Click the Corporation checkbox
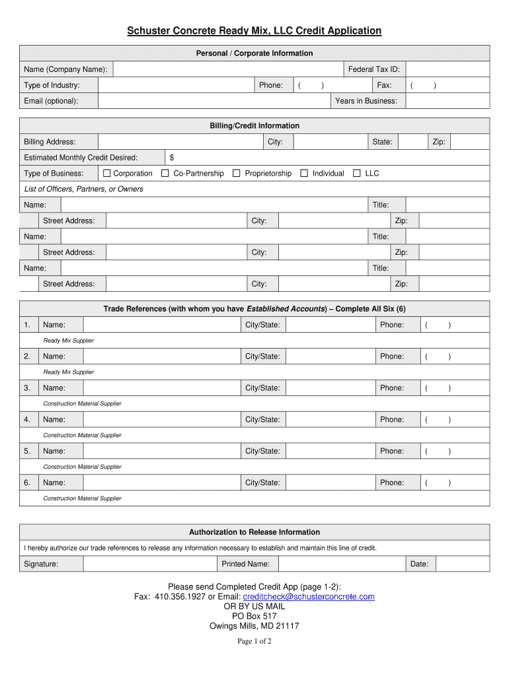click(x=107, y=174)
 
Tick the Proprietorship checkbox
click(x=237, y=174)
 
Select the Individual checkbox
click(x=304, y=174)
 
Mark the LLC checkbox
click(x=357, y=174)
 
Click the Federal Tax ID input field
click(x=448, y=69)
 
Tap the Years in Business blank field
click(x=448, y=101)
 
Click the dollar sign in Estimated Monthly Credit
click(x=172, y=158)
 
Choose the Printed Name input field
click(x=341, y=564)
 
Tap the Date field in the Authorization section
click(x=462, y=564)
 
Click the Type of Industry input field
click(x=176, y=85)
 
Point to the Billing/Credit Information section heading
click(x=255, y=126)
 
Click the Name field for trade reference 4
click(x=161, y=420)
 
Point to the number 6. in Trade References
click(x=27, y=483)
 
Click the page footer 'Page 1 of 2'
click(x=255, y=642)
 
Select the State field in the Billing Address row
click(x=412, y=142)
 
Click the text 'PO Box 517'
click(x=255, y=617)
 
